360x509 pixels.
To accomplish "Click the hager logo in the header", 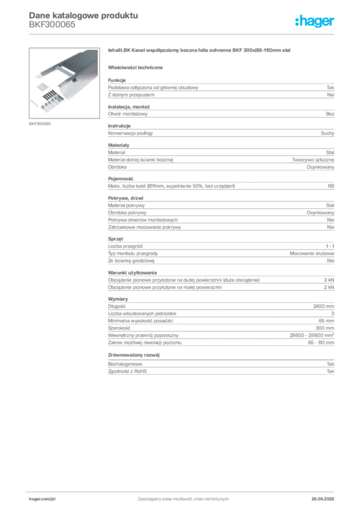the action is tap(315, 21).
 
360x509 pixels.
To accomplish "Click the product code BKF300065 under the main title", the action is tap(52, 25).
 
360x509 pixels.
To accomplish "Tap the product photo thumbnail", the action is tap(64, 83).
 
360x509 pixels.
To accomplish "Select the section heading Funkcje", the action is tap(117, 80).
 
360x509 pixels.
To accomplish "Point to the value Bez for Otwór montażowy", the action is tap(330, 114).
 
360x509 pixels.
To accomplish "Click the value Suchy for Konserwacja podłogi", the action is tap(327, 133).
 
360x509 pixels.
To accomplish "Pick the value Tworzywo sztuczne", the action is tap(313, 160).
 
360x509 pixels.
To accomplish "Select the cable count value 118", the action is tap(331, 186).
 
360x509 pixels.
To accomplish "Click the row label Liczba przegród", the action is tap(125, 246).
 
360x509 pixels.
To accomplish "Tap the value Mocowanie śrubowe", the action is tap(312, 253).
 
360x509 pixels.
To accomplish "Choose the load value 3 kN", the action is tap(329, 280).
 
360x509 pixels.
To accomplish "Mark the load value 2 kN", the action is tap(329, 287).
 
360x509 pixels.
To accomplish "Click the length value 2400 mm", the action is tap(324, 306).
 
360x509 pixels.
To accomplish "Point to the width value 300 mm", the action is tap(325, 328).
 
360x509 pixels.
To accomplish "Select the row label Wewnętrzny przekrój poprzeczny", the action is tap(143, 336).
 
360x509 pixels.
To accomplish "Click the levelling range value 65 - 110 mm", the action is tap(321, 342).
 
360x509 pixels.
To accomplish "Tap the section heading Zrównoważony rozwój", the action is tap(134, 355).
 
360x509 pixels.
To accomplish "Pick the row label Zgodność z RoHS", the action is tap(127, 371).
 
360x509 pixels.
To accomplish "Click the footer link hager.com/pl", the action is tap(42, 499).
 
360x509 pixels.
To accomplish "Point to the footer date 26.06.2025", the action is tap(323, 499).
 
